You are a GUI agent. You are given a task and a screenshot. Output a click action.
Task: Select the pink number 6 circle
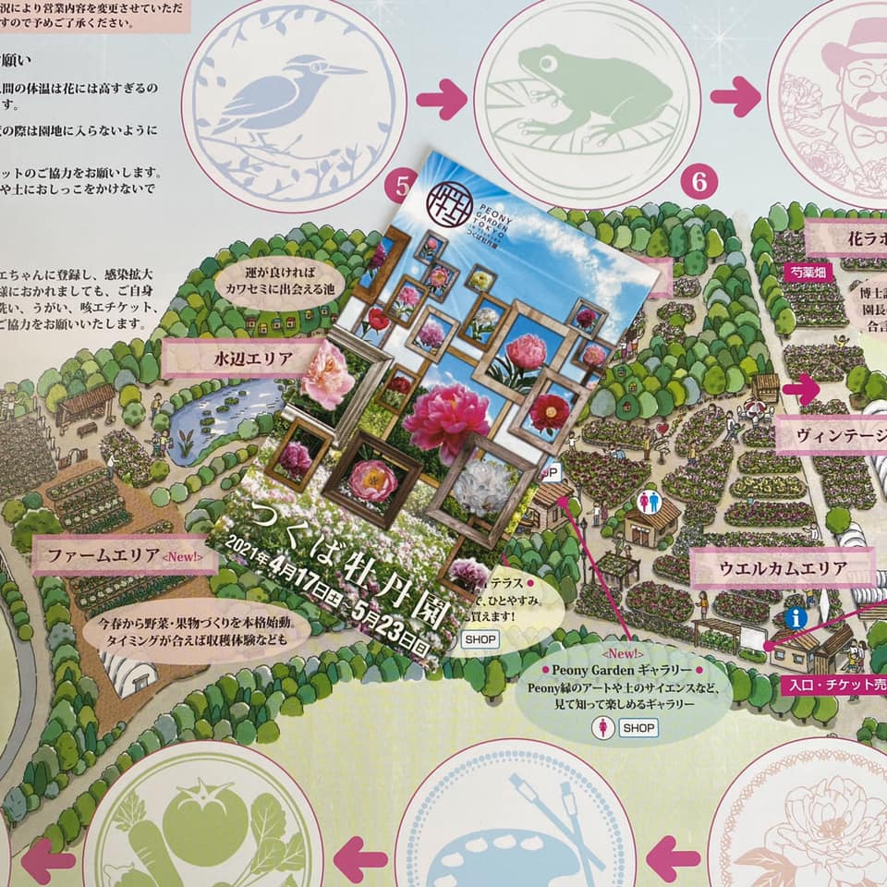click(x=699, y=183)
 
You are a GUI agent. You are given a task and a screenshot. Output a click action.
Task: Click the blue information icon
click(x=794, y=617)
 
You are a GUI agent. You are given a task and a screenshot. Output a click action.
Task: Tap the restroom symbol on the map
click(x=650, y=503)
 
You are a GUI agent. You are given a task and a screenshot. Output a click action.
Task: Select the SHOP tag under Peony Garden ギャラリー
click(x=638, y=728)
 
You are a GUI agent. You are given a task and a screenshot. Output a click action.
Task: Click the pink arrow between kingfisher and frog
click(x=441, y=99)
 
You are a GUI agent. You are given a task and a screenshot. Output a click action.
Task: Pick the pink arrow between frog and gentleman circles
click(x=735, y=96)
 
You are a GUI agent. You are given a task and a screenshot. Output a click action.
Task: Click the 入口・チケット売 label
click(x=832, y=686)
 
